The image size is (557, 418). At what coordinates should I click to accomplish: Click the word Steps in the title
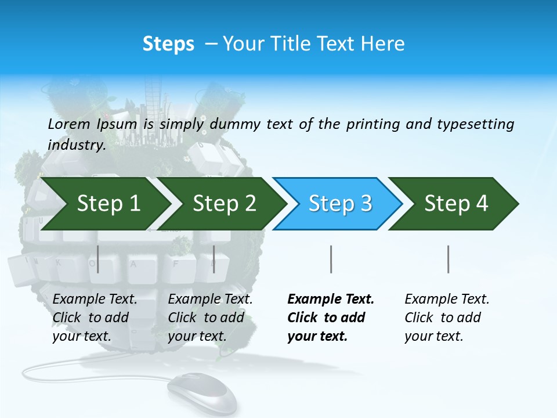point(168,44)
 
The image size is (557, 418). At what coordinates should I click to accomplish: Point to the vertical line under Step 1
point(98,259)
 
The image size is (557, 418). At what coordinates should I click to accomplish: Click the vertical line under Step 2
point(214,259)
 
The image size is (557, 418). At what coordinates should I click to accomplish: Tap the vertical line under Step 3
point(331,259)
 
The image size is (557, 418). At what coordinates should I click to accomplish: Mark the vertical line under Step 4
point(448,259)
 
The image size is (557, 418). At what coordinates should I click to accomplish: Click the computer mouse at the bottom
point(203,392)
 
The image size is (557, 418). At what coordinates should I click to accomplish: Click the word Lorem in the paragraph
point(68,124)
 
